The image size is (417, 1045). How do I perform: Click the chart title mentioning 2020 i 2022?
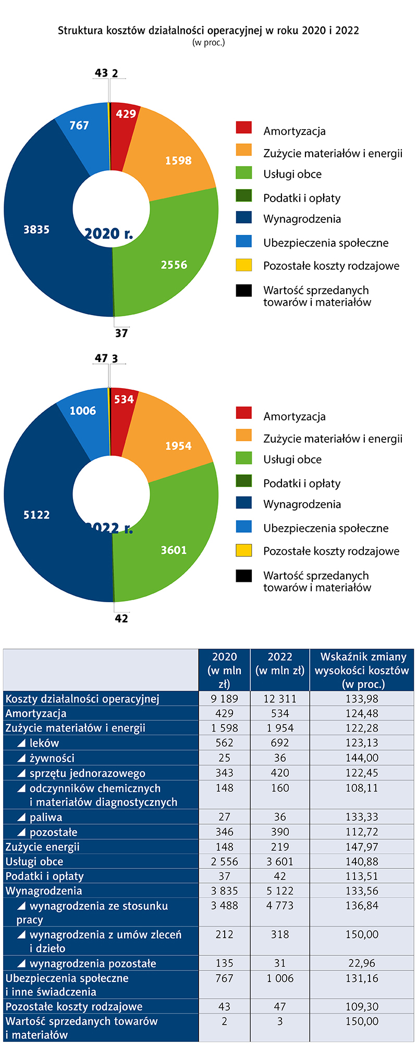[208, 30]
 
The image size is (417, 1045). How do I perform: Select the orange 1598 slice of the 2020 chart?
[175, 156]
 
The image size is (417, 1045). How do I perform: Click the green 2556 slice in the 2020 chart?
[172, 260]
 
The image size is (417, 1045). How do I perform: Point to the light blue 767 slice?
[81, 130]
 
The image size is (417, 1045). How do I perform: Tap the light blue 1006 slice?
[83, 417]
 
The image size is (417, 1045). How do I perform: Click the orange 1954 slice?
[175, 443]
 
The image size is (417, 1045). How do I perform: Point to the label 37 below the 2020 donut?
[121, 333]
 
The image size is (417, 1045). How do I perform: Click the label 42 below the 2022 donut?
[121, 619]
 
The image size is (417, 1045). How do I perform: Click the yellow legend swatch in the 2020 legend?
[244, 265]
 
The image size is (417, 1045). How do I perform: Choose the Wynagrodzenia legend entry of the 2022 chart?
[302, 504]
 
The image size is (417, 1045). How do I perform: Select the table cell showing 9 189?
[224, 699]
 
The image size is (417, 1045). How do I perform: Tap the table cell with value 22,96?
[362, 963]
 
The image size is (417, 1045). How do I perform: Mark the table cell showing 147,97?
[362, 847]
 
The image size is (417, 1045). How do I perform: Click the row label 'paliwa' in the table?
[46, 817]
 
